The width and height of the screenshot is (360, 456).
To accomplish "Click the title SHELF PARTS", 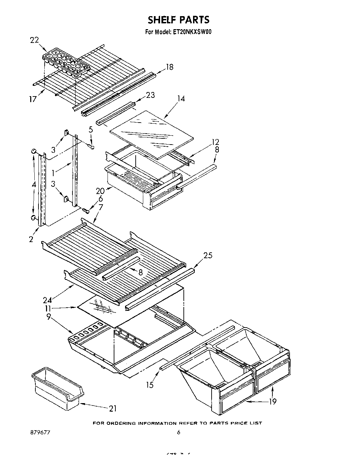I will click(179, 20).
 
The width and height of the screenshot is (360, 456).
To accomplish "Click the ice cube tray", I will click(65, 62).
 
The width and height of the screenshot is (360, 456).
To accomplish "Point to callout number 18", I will click(169, 67).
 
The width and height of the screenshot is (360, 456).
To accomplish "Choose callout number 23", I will click(150, 95).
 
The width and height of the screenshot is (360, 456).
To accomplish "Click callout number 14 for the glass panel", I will click(181, 99).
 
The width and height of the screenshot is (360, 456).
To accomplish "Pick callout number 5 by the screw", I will click(91, 129).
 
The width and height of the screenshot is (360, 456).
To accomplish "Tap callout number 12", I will click(215, 142).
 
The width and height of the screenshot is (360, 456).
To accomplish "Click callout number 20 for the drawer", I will click(100, 191).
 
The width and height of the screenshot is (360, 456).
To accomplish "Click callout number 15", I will click(150, 385).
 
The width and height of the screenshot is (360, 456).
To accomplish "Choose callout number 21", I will click(113, 408).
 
